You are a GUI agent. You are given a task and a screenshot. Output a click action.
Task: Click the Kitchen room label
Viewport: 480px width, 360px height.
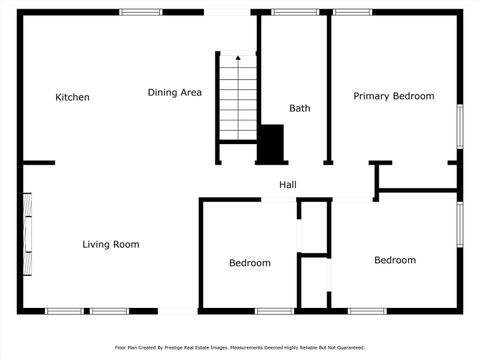[x=72, y=97]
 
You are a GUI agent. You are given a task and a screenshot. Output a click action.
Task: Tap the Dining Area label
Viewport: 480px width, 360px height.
[x=175, y=92]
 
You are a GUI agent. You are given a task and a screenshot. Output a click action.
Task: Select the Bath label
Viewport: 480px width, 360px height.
[x=299, y=108]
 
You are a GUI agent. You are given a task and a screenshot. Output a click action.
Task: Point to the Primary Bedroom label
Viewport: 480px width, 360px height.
[x=394, y=96]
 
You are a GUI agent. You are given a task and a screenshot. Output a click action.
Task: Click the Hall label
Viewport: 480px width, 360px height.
[x=288, y=185]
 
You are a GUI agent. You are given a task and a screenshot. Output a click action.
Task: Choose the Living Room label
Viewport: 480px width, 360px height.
[x=110, y=244]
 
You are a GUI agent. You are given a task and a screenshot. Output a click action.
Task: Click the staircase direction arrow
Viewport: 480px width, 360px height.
[x=238, y=63]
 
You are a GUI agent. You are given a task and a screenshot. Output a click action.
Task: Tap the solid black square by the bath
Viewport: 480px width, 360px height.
[x=271, y=143]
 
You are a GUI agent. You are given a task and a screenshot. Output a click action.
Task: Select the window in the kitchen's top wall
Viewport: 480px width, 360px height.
[x=140, y=12]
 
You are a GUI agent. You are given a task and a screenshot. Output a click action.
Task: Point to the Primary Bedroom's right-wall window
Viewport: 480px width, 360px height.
[x=460, y=126]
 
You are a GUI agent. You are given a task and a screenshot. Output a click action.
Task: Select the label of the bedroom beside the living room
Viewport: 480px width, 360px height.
[x=249, y=263]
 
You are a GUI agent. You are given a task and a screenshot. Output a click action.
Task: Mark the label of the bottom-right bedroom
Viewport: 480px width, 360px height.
[x=394, y=260]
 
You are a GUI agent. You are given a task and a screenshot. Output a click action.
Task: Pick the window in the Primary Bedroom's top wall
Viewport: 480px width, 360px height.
[x=352, y=12]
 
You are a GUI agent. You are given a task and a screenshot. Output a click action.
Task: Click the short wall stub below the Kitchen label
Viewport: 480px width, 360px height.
[x=38, y=162]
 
